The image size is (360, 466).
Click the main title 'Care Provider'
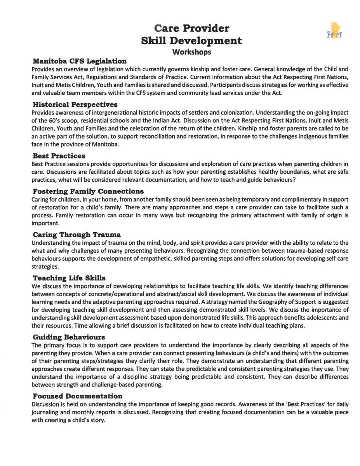click(x=191, y=28)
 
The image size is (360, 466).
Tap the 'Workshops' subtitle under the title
click(x=191, y=51)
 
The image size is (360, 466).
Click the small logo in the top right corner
click(x=334, y=34)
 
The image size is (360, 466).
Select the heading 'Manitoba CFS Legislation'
click(x=80, y=61)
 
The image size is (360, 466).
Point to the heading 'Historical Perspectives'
click(x=75, y=104)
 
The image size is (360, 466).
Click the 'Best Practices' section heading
click(x=59, y=156)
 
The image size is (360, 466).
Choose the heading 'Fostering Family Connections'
click(x=89, y=191)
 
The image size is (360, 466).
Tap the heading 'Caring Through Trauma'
click(x=77, y=235)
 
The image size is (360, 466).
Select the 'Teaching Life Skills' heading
click(x=69, y=278)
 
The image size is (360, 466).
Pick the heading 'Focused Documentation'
click(x=78, y=396)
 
